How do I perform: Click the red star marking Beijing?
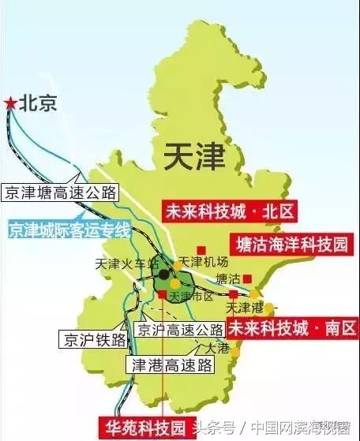(x=9, y=103)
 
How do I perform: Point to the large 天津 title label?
(x=195, y=155)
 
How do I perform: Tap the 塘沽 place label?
(x=228, y=278)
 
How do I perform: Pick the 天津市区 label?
(x=193, y=295)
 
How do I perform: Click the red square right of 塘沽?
(x=247, y=278)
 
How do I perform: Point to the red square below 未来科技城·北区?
(x=201, y=228)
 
